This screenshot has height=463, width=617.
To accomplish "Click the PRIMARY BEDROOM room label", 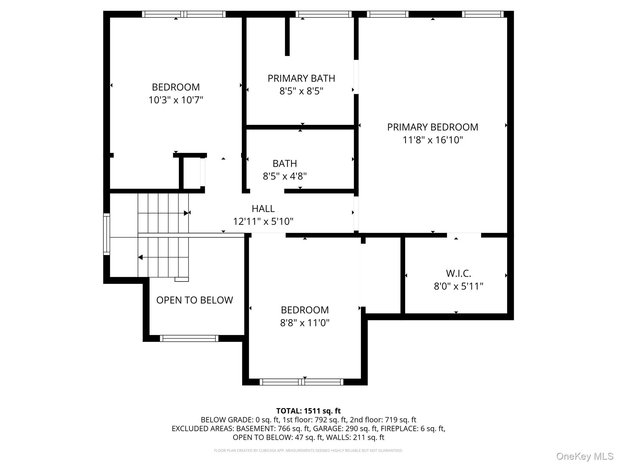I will [432, 127].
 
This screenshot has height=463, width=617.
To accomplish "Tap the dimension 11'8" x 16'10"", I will [432, 140].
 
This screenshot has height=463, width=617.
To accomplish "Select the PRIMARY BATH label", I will [301, 78].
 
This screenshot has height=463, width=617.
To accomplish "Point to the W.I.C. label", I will [458, 273].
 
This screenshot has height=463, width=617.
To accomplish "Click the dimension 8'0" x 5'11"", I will [458, 286].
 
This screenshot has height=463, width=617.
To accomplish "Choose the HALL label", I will [263, 209].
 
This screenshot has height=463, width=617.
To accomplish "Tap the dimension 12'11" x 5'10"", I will [263, 222].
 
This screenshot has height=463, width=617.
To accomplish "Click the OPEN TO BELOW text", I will [194, 300].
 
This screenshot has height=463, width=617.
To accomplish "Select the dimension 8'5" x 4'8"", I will [285, 176].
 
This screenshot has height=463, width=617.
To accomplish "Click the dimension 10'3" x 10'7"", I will [176, 100].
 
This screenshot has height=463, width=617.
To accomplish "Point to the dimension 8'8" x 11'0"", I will [305, 323].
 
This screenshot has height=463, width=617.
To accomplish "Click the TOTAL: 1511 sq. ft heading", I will [308, 411].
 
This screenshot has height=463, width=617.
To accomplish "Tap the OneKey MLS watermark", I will [584, 456].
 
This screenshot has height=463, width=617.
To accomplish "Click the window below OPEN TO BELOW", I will [189, 338].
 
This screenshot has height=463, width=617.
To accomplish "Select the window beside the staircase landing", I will [107, 234].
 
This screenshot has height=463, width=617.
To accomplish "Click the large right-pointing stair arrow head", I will [186, 213].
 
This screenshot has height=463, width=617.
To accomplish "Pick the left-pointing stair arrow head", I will [140, 257].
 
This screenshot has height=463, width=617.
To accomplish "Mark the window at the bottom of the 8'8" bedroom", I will [301, 382].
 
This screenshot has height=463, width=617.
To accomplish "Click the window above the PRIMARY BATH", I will [324, 14].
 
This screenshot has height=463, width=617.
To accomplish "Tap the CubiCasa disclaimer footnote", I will [308, 451].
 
